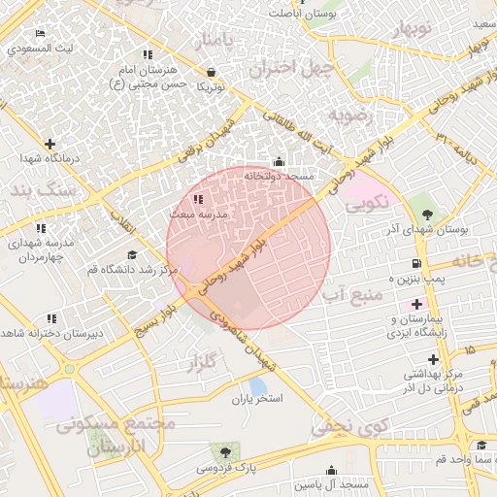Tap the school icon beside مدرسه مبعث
[x=198, y=199]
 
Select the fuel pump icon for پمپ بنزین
[x=416, y=263]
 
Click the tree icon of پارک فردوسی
[x=226, y=451]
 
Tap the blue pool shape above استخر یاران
[x=257, y=385]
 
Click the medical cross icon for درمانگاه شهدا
[x=50, y=144]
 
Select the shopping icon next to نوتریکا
[x=212, y=71]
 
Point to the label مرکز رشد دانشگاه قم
[x=130, y=269]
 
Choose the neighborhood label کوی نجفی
[x=349, y=425]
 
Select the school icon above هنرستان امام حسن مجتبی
[x=147, y=55]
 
